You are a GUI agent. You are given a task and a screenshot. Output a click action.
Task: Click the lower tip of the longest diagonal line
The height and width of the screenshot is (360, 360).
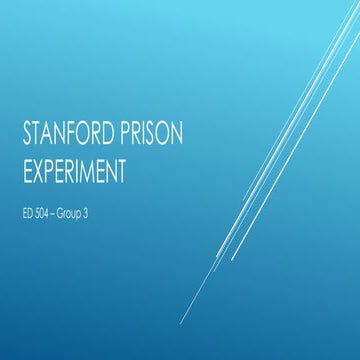click(x=181, y=324)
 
